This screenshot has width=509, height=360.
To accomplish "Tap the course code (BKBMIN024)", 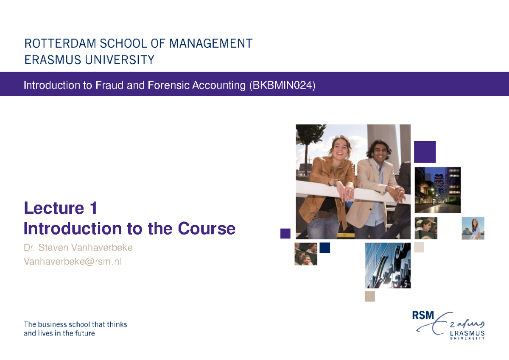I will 282,86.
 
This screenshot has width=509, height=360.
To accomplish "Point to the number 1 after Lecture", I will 93,208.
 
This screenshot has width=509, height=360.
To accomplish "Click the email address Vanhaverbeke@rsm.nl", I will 73,262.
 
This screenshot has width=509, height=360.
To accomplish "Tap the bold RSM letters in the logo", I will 423,316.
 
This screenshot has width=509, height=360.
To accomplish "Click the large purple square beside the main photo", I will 425,152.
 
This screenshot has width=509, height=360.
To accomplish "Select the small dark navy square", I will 325,248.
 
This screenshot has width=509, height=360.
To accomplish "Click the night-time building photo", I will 437,190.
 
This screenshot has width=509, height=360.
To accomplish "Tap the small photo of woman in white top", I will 473,228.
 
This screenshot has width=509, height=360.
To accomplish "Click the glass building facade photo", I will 388,265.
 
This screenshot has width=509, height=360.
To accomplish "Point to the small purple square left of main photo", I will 285,233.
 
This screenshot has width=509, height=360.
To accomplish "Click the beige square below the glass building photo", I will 370,296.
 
